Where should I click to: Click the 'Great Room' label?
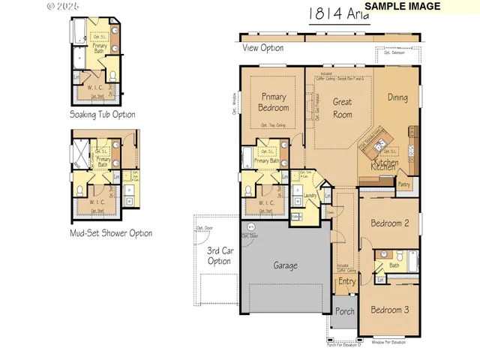coord(343,108)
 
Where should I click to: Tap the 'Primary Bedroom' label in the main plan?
coord(274,102)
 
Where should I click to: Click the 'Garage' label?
coord(285,265)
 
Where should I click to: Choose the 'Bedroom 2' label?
coord(390,223)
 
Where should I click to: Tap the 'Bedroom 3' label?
coord(390,310)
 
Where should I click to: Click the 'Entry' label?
coord(346,282)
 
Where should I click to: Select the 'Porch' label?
coord(345,311)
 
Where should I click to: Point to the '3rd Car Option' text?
coord(219,256)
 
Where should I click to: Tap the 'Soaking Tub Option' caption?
coord(103,115)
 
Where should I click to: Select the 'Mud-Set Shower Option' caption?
coord(111,233)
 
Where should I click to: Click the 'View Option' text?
coord(263,48)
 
